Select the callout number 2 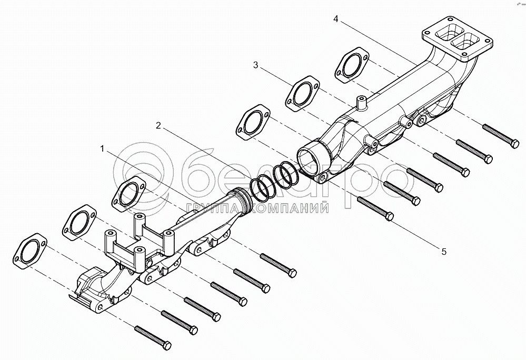coord(158,125)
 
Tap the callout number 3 coord(256,65)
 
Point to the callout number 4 coord(335,19)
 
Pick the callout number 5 coord(444,252)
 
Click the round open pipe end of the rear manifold coord(308,156)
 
